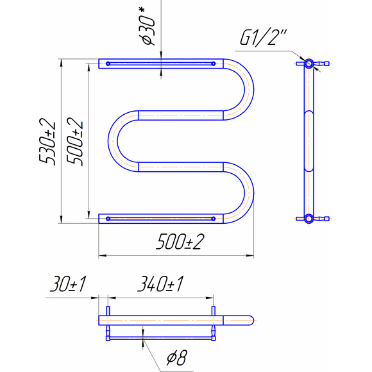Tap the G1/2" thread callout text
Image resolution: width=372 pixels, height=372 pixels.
pos(264,37)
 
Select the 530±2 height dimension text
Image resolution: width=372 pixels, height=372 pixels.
pos(47,142)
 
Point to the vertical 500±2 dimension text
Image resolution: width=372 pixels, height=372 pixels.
pos(75,142)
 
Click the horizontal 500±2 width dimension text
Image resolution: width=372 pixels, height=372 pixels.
pos(180,242)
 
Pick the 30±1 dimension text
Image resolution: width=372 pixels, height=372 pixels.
pos(68,283)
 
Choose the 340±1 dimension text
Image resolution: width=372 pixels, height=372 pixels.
pos(160,283)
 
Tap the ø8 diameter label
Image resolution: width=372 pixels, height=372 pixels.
pos(177,357)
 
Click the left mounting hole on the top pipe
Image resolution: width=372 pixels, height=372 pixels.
pos(108,63)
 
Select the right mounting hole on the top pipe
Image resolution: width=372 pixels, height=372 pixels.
pos(214,63)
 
